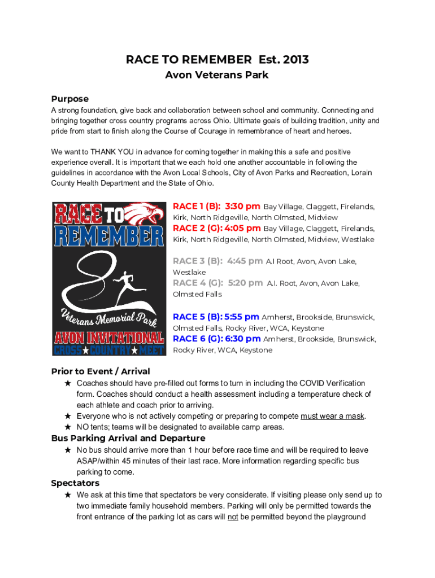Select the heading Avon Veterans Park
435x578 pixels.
pyautogui.click(x=216, y=75)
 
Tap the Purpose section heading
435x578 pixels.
pyautogui.click(x=69, y=99)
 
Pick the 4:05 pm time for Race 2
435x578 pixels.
pyautogui.click(x=242, y=229)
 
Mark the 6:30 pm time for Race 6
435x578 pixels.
pyautogui.click(x=243, y=339)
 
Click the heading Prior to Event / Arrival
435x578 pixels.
pyautogui.click(x=101, y=371)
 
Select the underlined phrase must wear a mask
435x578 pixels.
pyautogui.click(x=332, y=417)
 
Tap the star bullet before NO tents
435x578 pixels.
pyautogui.click(x=68, y=427)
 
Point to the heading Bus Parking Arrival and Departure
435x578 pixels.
pyautogui.click(x=128, y=439)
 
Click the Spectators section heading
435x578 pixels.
pyautogui.click(x=75, y=483)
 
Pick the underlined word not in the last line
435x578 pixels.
pyautogui.click(x=233, y=517)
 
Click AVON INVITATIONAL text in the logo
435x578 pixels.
pyautogui.click(x=109, y=338)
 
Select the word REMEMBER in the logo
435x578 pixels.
pyautogui.click(x=109, y=235)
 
